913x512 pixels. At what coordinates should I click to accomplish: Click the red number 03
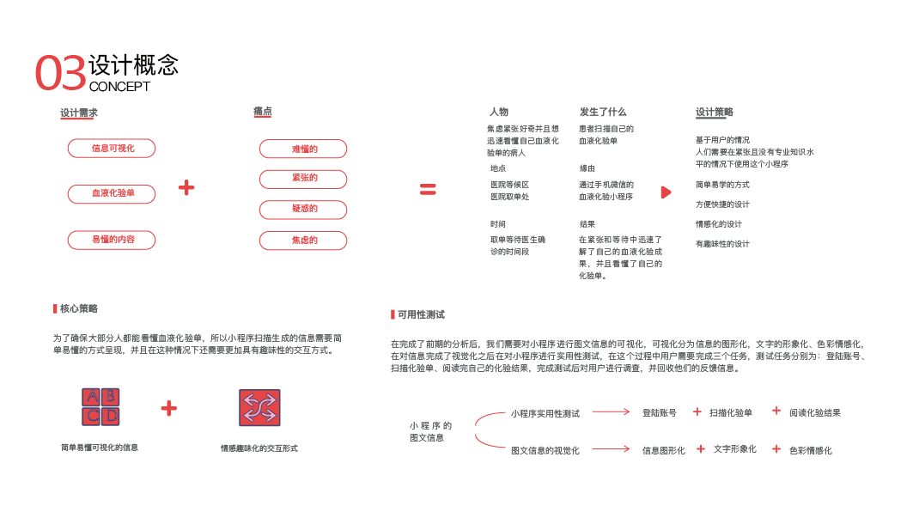point(60,73)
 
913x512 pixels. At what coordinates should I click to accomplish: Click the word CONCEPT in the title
point(119,87)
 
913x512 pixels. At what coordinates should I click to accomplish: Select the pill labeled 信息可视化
point(112,149)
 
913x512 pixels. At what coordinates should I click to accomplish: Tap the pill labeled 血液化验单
point(112,194)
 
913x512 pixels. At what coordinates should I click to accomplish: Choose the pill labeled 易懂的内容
point(112,240)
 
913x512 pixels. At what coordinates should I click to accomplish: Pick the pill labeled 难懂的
point(303,149)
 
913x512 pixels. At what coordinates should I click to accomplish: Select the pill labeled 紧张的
point(303,179)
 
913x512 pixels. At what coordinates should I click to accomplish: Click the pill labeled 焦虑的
point(303,241)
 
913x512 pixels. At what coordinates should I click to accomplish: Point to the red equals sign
point(428,190)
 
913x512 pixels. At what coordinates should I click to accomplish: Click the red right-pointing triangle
point(666,192)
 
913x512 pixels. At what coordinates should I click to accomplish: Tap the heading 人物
point(498,112)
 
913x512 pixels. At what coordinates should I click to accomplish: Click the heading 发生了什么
point(603,112)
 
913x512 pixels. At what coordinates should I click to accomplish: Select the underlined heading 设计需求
point(79,113)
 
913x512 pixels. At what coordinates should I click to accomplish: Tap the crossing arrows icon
point(259,408)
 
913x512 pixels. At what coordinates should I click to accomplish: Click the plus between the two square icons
point(169,409)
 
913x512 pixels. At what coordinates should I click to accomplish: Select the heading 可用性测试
point(421,315)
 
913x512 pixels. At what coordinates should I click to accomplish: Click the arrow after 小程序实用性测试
point(611,412)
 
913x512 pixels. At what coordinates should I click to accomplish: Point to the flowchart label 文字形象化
point(735,449)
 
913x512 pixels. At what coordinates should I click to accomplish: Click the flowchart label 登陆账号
point(660,413)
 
